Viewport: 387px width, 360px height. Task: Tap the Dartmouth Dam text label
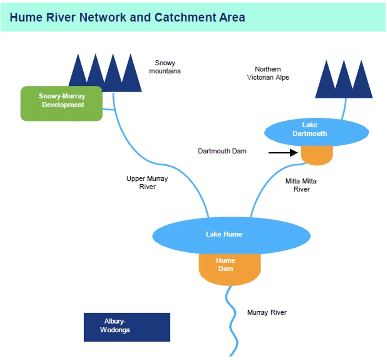(222, 151)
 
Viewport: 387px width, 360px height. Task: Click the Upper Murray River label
(147, 182)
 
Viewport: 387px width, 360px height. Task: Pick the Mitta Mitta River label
(301, 185)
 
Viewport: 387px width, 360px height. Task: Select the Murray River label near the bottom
(267, 312)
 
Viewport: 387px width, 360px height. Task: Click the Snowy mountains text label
(165, 67)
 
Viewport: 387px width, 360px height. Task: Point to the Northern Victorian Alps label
(268, 73)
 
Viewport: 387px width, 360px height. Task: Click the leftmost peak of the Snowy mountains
(77, 73)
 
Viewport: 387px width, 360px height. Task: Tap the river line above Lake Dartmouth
(344, 109)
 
